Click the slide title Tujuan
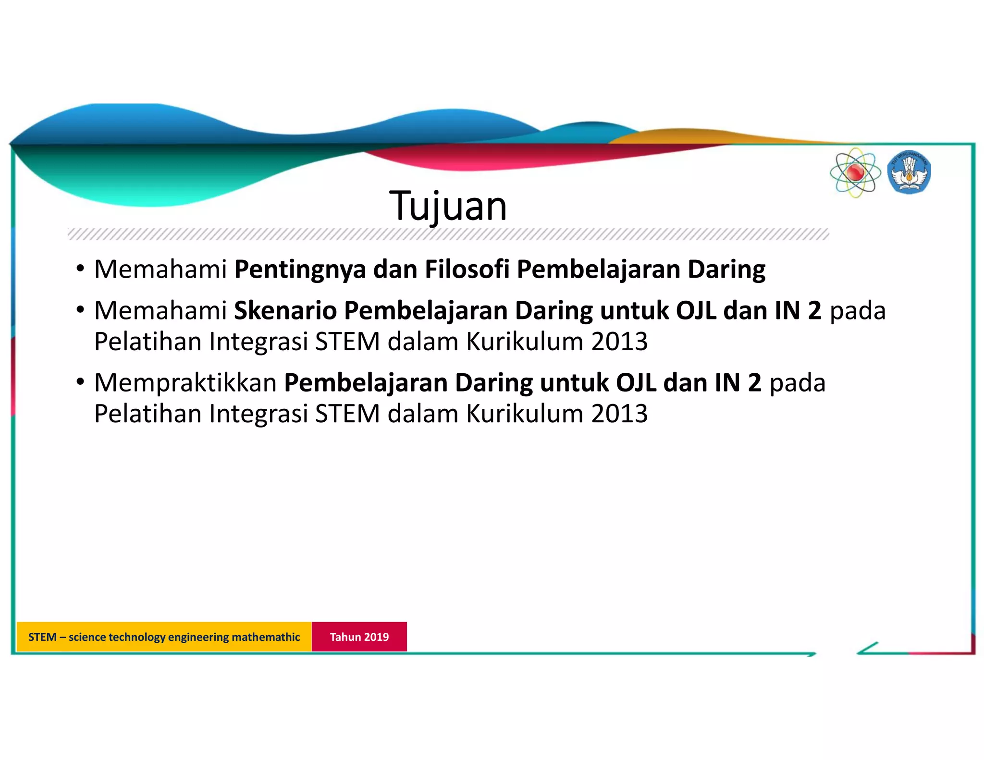click(448, 207)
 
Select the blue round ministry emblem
click(909, 172)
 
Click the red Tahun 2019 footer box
click(359, 637)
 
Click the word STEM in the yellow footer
click(42, 637)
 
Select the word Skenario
click(285, 310)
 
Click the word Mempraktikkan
click(185, 383)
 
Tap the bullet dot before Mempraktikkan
click(80, 382)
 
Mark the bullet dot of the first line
click(80, 268)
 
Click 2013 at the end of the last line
click(619, 414)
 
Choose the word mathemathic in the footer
click(266, 637)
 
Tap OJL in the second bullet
click(696, 310)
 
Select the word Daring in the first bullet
click(726, 269)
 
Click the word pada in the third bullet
click(798, 383)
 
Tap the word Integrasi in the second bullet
click(258, 342)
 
